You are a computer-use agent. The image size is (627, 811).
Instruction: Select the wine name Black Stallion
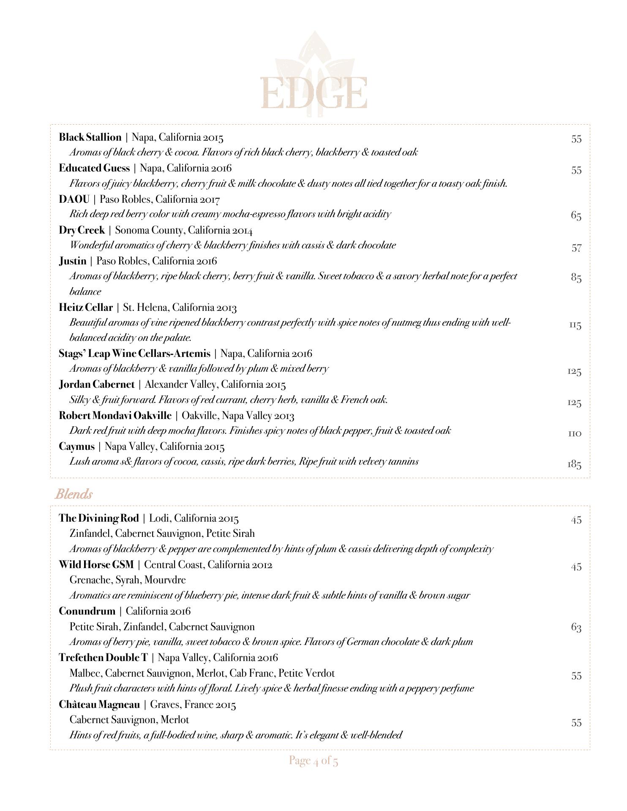90,137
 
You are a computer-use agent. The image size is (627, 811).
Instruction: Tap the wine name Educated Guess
94,168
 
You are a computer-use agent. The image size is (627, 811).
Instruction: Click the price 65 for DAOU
576,215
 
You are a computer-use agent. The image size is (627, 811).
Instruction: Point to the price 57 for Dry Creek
576,248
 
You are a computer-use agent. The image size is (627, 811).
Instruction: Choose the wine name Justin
73,261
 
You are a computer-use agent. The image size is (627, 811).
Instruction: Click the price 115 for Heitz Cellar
575,325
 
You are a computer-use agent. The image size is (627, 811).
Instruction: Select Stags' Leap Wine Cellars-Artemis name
134,354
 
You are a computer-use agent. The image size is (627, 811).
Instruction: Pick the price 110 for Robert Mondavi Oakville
575,433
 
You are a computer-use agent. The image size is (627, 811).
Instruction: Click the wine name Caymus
76,446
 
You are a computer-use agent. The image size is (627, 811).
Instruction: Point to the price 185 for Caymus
574,465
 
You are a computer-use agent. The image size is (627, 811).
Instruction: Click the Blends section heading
74,494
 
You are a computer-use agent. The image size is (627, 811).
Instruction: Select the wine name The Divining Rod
98,518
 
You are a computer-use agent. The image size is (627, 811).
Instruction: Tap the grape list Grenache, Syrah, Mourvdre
128,580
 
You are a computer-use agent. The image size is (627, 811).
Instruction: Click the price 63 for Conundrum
576,627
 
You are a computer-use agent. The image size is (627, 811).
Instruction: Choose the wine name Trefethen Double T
103,658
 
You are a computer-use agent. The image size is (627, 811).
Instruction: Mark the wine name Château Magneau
99,705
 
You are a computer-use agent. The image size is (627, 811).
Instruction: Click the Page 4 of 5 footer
313,761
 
